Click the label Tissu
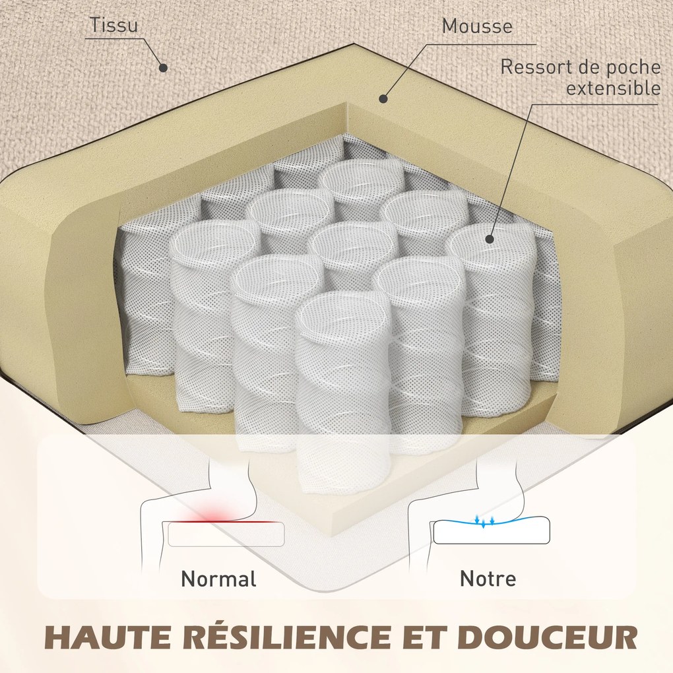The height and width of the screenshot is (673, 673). (114, 25)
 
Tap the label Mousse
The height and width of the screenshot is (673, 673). (477, 26)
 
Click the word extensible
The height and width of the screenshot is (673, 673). (614, 88)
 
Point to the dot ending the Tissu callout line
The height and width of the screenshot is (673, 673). (163, 67)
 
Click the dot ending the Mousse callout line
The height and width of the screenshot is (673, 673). (383, 99)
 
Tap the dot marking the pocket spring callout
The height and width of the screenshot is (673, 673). (490, 239)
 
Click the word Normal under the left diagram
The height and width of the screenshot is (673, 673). (219, 579)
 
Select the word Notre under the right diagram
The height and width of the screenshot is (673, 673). (488, 579)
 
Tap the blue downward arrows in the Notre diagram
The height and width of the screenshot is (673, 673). (484, 521)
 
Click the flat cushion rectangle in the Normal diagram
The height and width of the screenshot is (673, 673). (226, 534)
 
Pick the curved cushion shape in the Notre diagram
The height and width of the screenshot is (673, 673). (492, 530)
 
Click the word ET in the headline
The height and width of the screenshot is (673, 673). (425, 637)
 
